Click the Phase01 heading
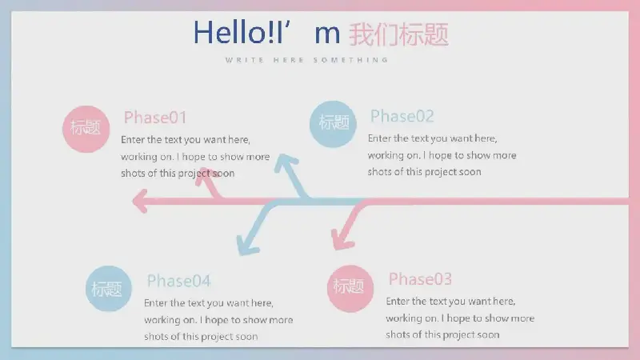click(x=155, y=118)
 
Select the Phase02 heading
click(x=402, y=116)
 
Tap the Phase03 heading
click(x=420, y=279)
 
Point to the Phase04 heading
click(x=178, y=281)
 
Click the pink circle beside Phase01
click(x=86, y=129)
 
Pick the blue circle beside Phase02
click(x=333, y=124)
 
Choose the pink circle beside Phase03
click(x=350, y=289)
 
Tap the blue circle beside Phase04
click(x=109, y=289)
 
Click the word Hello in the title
click(x=230, y=33)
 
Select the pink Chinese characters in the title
click(x=398, y=34)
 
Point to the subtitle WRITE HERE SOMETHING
click(x=306, y=60)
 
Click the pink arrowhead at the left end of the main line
click(x=140, y=201)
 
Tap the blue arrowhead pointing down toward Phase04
click(x=247, y=246)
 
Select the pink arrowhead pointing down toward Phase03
click(x=342, y=240)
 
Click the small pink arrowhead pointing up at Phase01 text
click(x=206, y=176)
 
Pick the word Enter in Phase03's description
click(x=398, y=302)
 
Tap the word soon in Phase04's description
click(x=246, y=337)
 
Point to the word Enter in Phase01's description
click(x=133, y=139)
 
